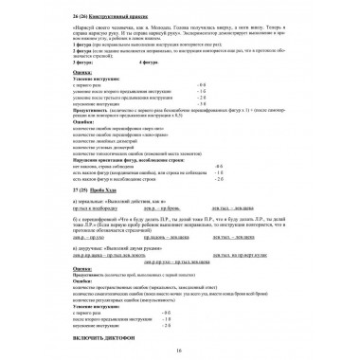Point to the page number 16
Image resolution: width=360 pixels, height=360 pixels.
coord(179,352)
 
